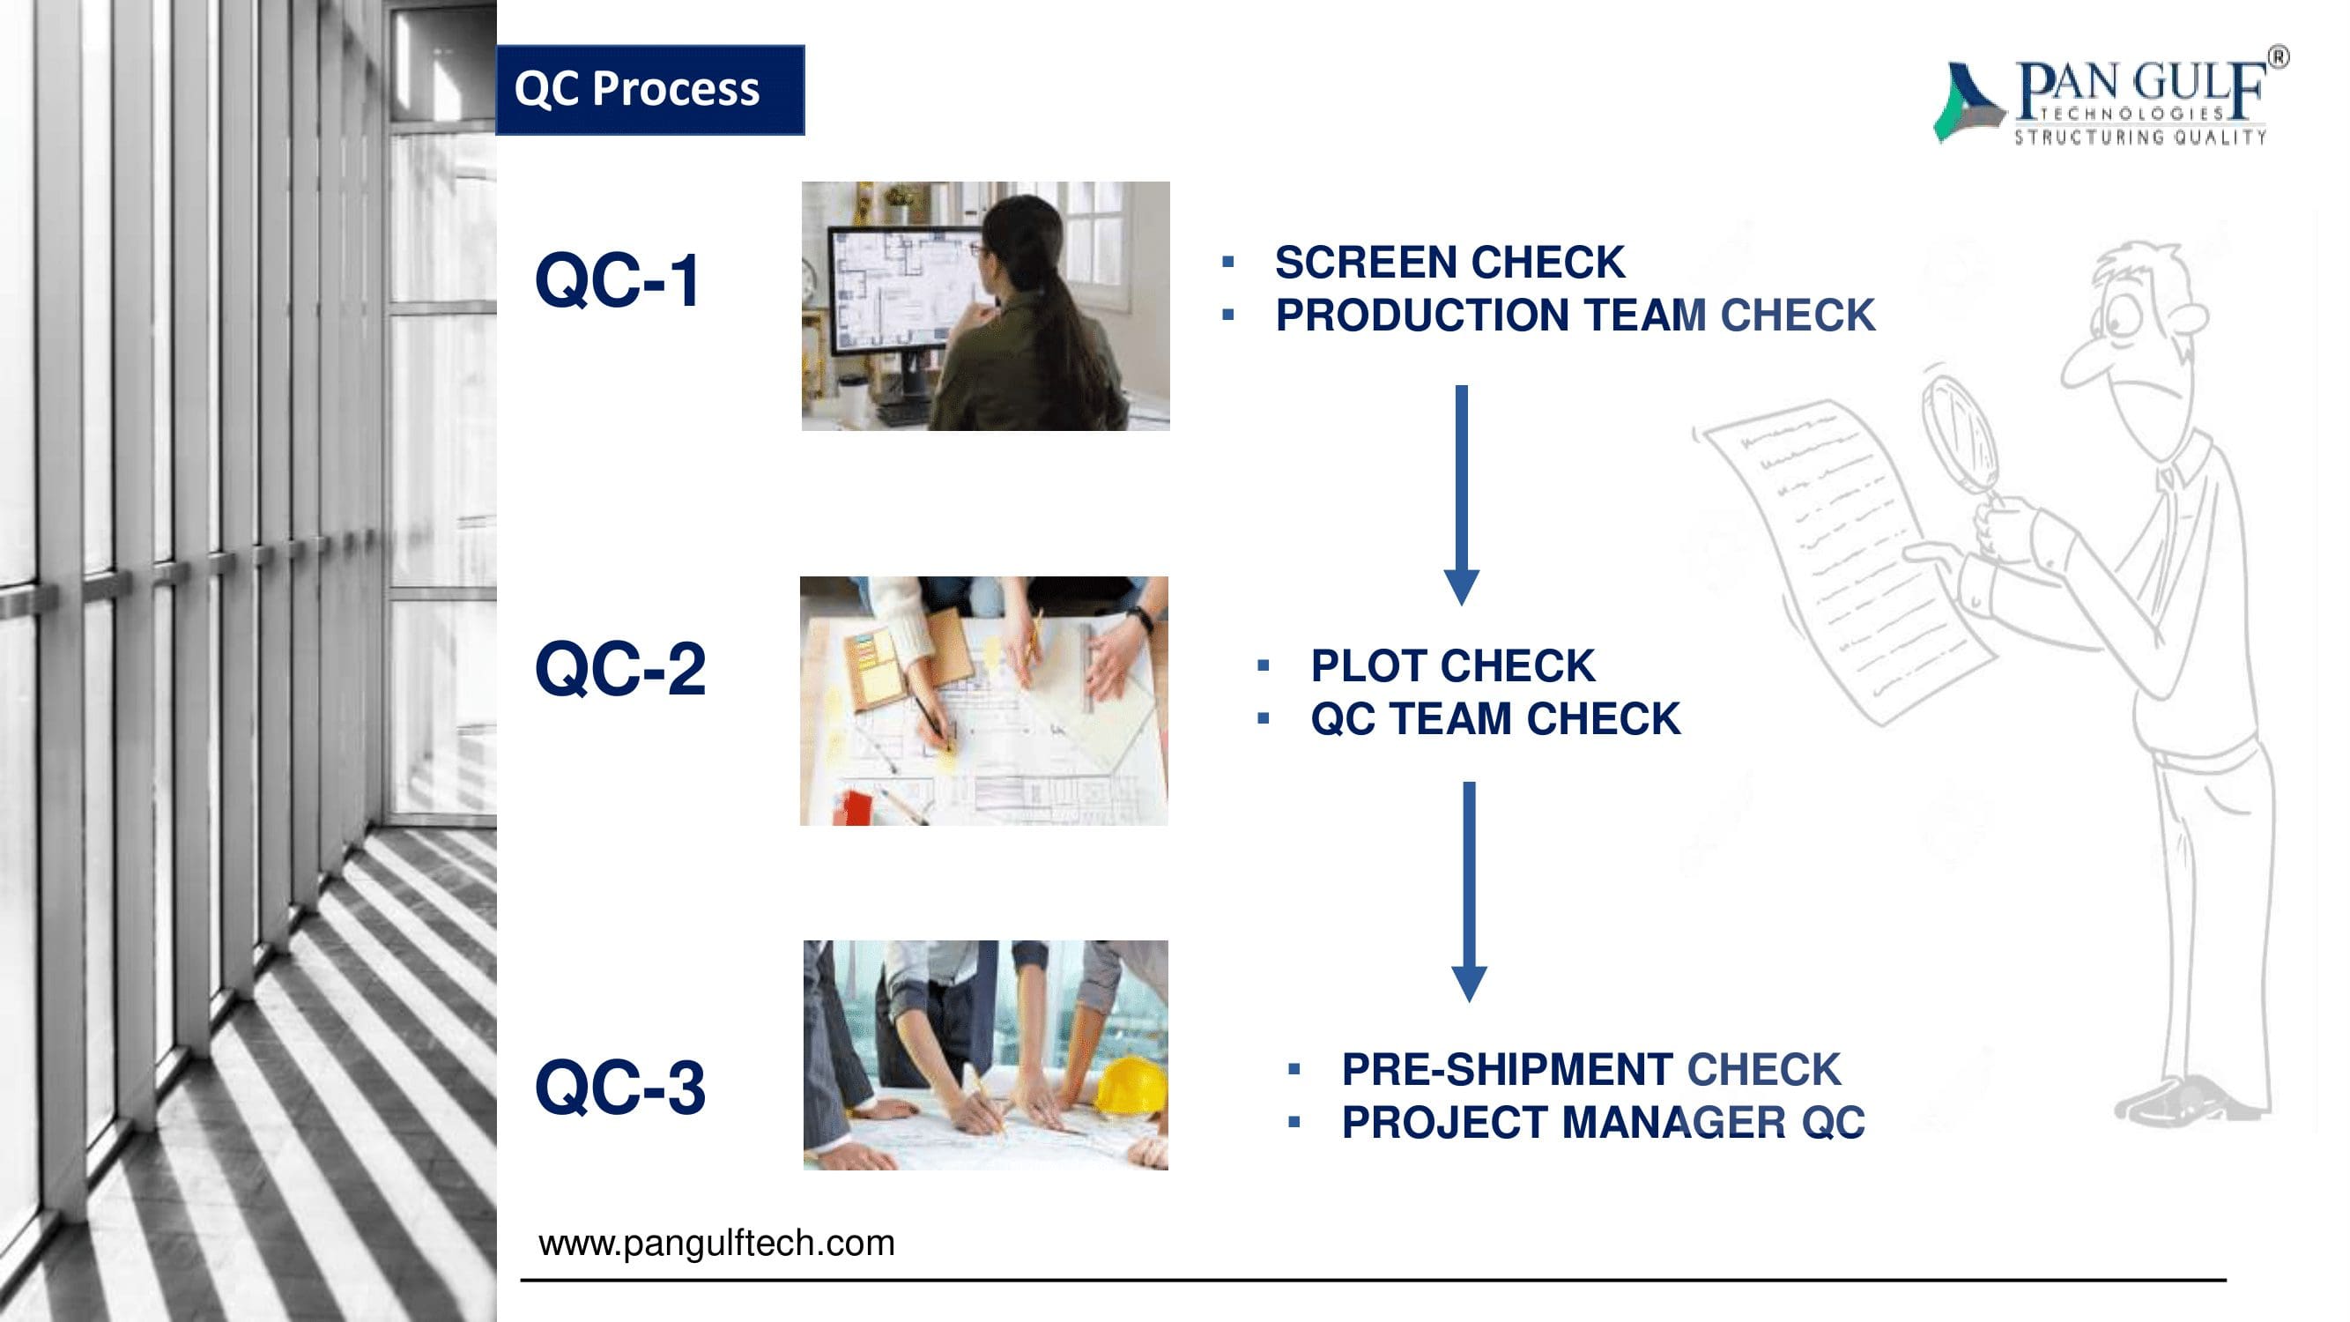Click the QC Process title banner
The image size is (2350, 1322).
[649, 90]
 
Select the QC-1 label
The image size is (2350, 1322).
[618, 280]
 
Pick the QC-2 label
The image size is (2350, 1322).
[620, 669]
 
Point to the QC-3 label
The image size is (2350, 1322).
[620, 1087]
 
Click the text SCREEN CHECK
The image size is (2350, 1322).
[1449, 263]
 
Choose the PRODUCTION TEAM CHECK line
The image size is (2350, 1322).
[1575, 316]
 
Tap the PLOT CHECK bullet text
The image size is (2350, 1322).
[1453, 666]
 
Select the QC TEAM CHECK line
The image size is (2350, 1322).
[1495, 719]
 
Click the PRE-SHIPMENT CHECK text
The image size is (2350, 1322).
[1591, 1069]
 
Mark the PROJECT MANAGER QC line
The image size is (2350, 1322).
[1603, 1122]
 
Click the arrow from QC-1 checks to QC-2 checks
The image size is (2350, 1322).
[1462, 495]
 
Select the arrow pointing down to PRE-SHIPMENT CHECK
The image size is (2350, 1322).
[1469, 892]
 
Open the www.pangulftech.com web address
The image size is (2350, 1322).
[717, 1244]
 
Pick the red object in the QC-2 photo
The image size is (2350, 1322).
[857, 807]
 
